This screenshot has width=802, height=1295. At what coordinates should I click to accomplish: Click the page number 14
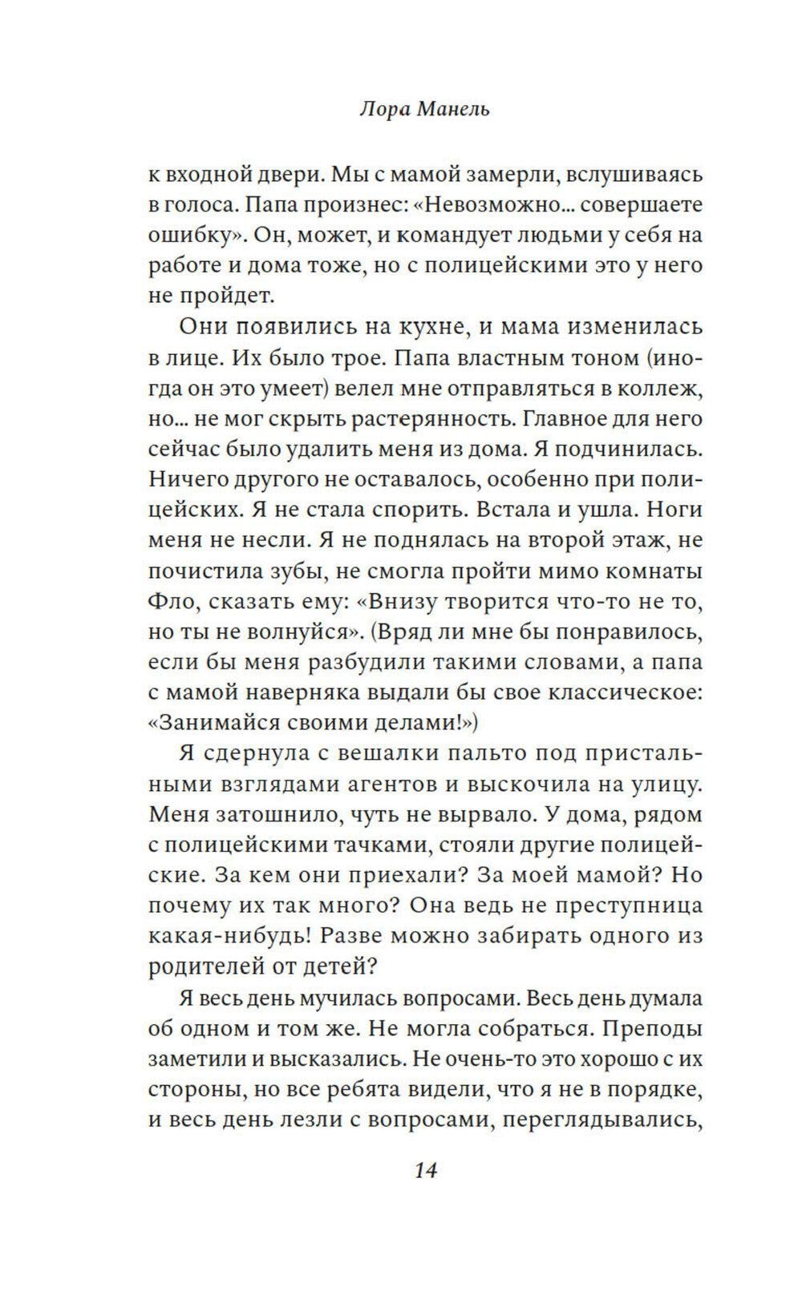pos(425,1171)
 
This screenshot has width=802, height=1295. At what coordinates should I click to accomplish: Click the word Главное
pos(561,418)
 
